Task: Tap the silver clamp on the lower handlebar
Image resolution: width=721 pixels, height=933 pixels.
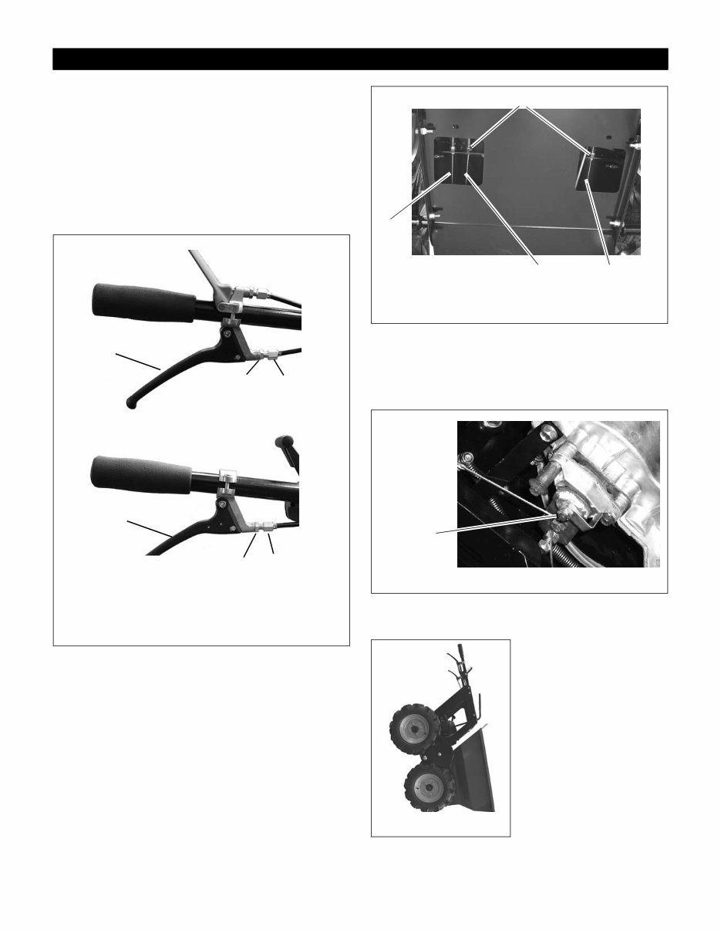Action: tap(227, 479)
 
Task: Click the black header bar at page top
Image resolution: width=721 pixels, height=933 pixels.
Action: tap(360, 59)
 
